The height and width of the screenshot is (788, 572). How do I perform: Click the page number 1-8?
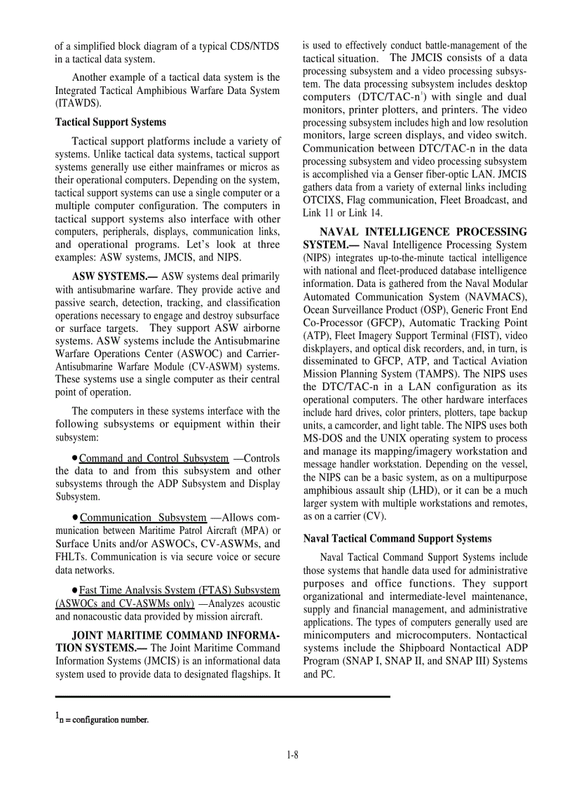click(x=292, y=755)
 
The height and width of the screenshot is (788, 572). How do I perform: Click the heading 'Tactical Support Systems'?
click(x=111, y=122)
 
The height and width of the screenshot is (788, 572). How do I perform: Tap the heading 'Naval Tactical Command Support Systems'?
click(x=397, y=539)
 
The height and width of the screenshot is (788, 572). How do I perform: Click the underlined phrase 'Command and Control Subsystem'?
click(x=154, y=459)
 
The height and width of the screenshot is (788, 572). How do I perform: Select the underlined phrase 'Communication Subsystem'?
click(x=143, y=518)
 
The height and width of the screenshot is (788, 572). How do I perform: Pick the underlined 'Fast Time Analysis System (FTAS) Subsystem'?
click(x=179, y=590)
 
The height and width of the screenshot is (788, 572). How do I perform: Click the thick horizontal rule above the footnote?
click(x=222, y=696)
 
